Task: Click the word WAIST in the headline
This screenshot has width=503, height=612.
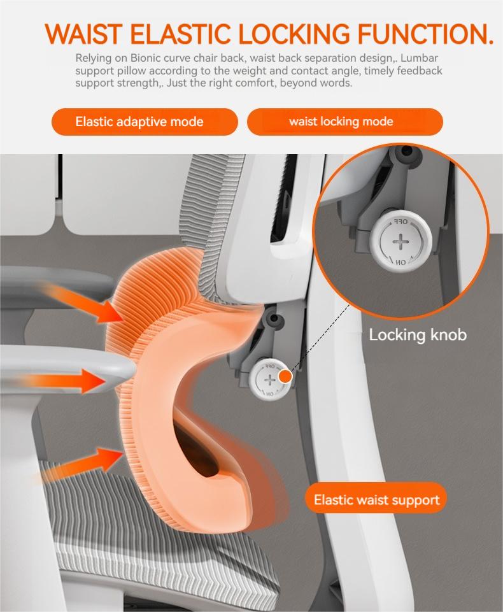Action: tap(83, 34)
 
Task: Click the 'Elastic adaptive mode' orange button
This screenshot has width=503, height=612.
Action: tap(145, 122)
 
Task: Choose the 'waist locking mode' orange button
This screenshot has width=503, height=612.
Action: tap(345, 122)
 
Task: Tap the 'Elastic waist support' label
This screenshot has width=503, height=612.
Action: tap(376, 499)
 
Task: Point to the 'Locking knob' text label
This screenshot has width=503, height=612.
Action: tap(418, 335)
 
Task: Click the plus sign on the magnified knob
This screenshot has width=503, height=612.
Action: tap(400, 242)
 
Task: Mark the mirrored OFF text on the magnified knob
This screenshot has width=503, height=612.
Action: tap(400, 222)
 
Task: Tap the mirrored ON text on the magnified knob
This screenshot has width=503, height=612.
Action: tap(400, 262)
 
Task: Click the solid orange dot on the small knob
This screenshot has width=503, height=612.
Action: tap(286, 376)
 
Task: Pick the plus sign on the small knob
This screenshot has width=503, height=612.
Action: tap(269, 380)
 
